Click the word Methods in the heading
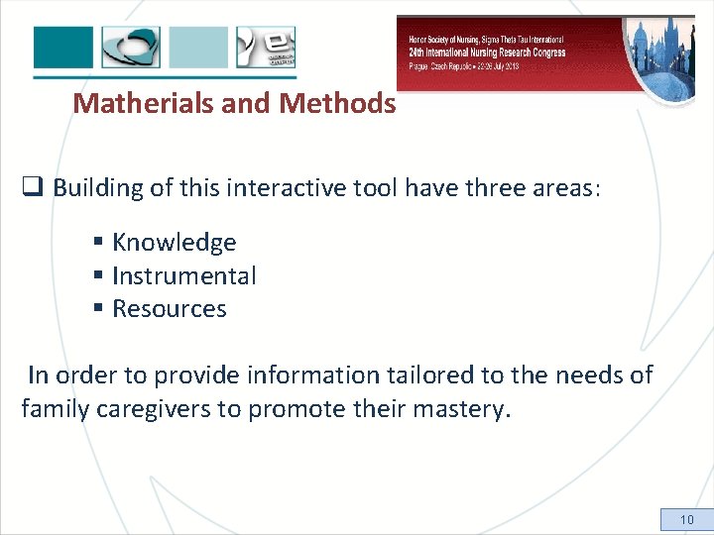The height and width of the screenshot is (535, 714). [x=338, y=103]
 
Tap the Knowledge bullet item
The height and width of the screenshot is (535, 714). [x=174, y=243]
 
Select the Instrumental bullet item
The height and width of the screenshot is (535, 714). [x=183, y=276]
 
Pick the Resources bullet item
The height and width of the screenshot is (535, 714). [x=170, y=309]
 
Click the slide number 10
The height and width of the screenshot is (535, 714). [x=686, y=520]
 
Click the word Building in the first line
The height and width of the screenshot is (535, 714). [x=96, y=188]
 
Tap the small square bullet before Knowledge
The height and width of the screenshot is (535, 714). [x=99, y=243]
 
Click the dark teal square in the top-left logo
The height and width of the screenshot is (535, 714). [x=63, y=48]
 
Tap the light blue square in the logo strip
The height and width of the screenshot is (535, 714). [x=198, y=48]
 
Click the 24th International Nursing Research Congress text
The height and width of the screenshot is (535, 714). [x=487, y=53]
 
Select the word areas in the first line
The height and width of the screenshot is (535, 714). [x=566, y=188]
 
